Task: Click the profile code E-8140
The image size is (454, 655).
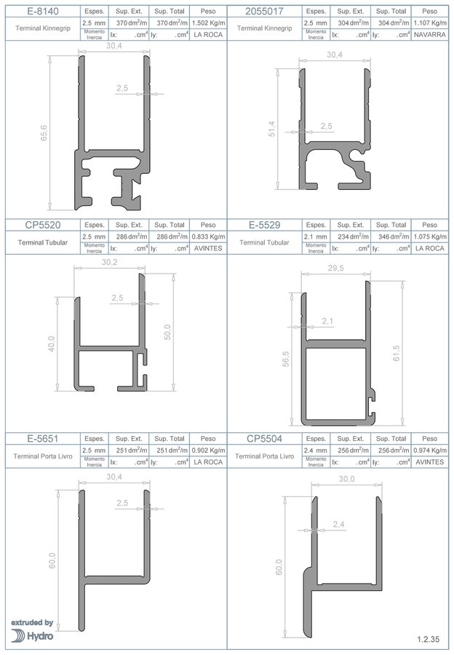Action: click(43, 11)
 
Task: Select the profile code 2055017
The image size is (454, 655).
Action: click(264, 11)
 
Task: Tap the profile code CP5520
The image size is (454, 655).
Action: click(43, 225)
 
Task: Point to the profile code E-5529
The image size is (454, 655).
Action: click(264, 225)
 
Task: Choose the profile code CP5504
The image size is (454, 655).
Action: click(264, 439)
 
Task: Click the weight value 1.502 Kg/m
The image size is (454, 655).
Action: click(208, 23)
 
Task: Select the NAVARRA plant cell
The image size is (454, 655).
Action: click(429, 35)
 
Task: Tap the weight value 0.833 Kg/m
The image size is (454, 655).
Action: click(208, 237)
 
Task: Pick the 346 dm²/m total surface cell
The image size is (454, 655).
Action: click(391, 237)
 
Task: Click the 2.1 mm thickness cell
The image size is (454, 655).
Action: click(315, 237)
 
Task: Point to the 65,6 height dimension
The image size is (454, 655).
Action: click(44, 133)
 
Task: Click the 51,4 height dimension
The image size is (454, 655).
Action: click(272, 129)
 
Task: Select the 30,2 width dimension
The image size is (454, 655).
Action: click(109, 263)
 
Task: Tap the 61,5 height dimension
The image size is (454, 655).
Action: click(397, 354)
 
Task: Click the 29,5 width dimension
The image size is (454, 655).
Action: click(336, 268)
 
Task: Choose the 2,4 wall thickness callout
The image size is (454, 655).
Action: click(339, 524)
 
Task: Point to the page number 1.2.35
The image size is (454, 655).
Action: click(428, 639)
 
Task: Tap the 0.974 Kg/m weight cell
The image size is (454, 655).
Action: click(429, 450)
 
